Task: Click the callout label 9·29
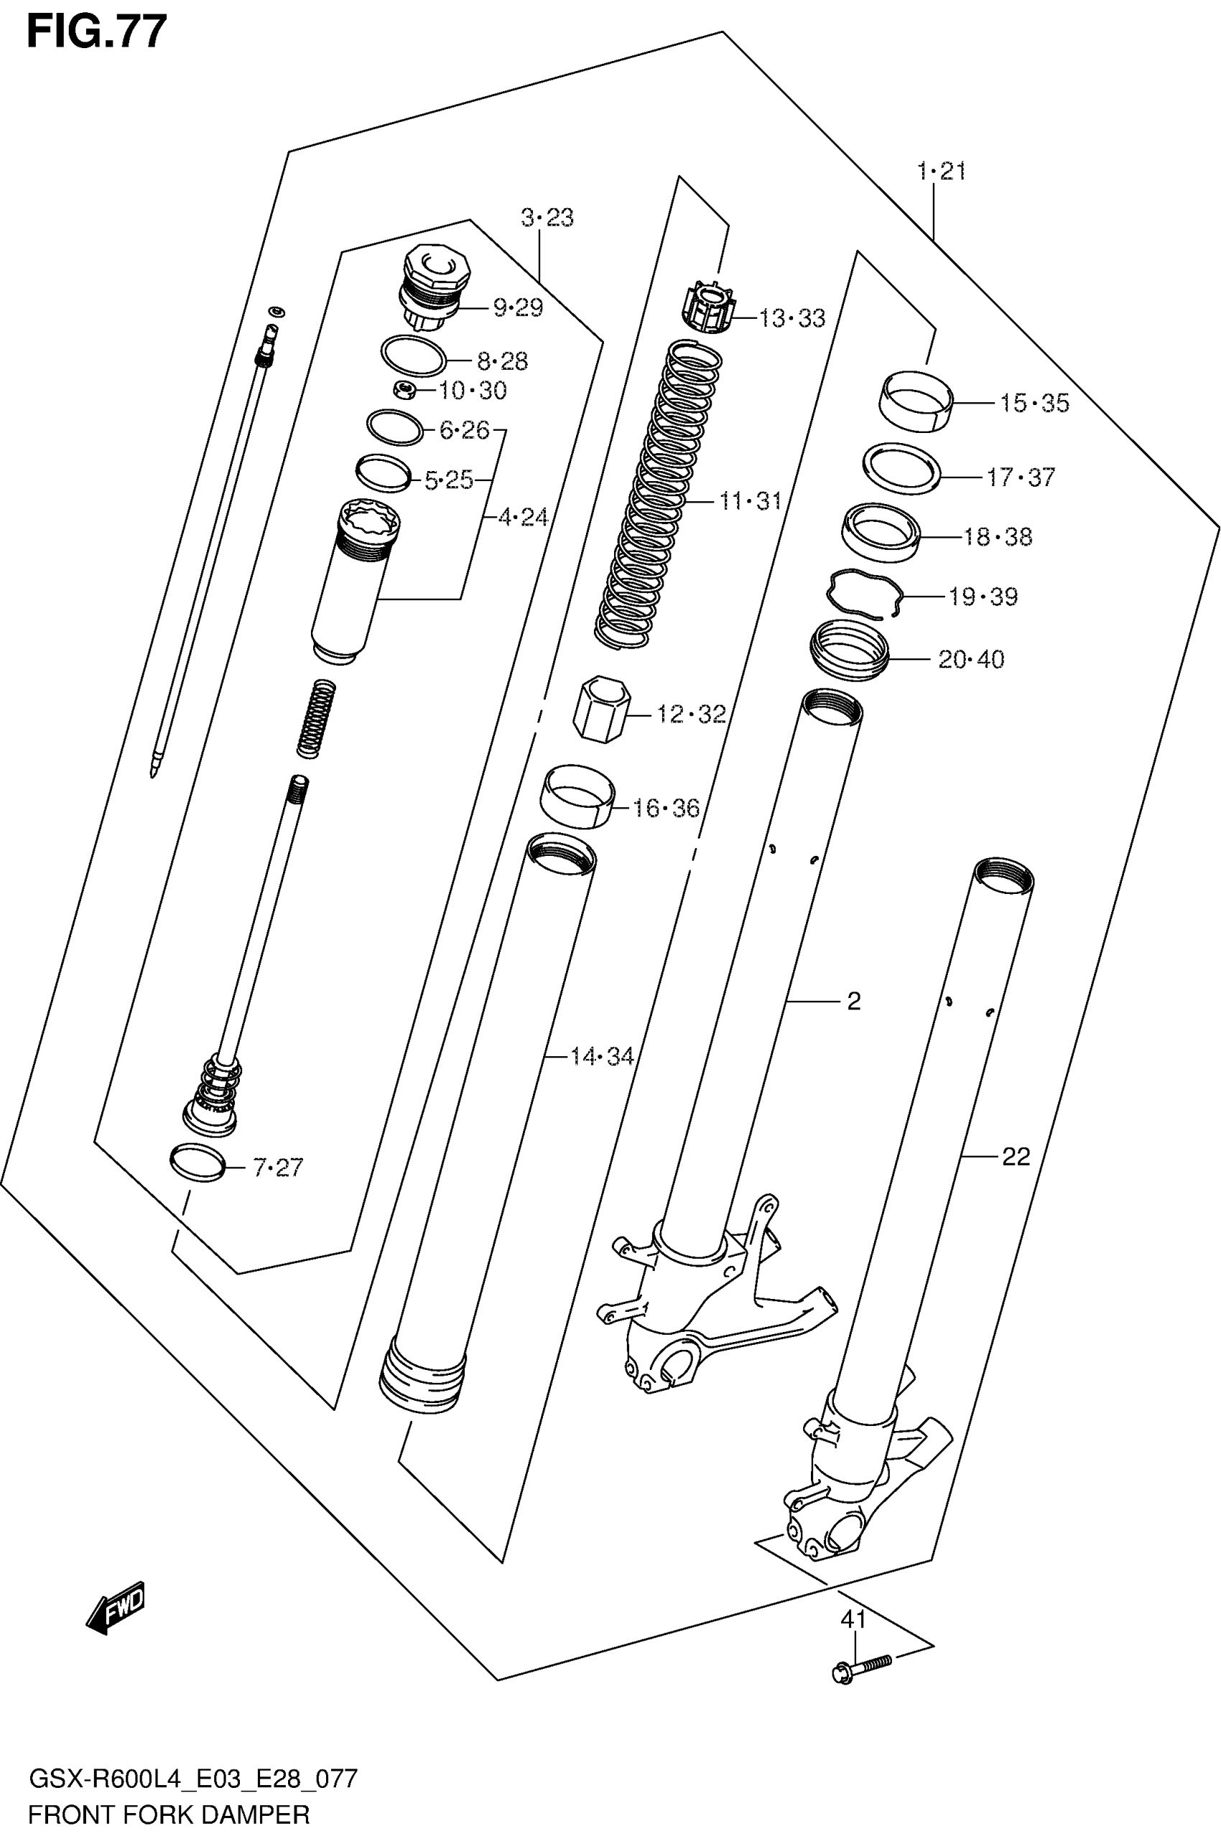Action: click(x=518, y=307)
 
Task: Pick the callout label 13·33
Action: click(x=792, y=317)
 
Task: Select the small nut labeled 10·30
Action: click(x=404, y=391)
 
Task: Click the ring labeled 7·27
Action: click(x=197, y=1162)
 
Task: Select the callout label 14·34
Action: click(x=602, y=1056)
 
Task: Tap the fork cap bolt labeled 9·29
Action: click(x=433, y=288)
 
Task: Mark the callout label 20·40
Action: click(x=971, y=659)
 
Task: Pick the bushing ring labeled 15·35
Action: click(x=916, y=400)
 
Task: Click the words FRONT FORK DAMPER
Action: click(x=169, y=1814)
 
